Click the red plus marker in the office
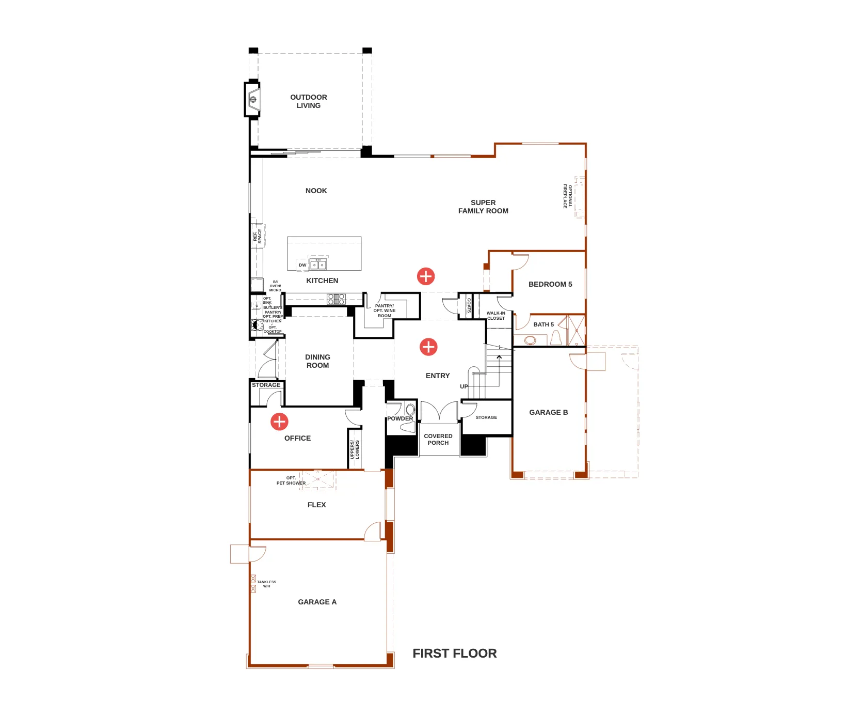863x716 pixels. (279, 422)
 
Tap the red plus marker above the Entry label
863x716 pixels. (428, 347)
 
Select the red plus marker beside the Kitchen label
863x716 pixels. (426, 276)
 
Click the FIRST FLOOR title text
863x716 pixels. (455, 653)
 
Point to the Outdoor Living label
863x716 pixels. (309, 101)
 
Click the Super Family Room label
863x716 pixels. (483, 207)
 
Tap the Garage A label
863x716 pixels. (317, 602)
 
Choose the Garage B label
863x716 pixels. (549, 412)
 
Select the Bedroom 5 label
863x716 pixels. (550, 284)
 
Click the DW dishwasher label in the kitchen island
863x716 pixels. (302, 265)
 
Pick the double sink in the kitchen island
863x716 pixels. (318, 264)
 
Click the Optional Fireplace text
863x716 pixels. (568, 196)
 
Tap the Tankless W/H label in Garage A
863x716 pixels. (266, 584)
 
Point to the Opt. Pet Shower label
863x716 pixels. (291, 480)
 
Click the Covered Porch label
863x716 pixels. (438, 440)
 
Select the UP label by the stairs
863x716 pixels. (464, 386)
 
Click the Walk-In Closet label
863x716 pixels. (496, 316)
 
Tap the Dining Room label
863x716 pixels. (317, 361)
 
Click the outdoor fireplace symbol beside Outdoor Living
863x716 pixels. (252, 99)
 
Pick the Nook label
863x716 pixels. (316, 191)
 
